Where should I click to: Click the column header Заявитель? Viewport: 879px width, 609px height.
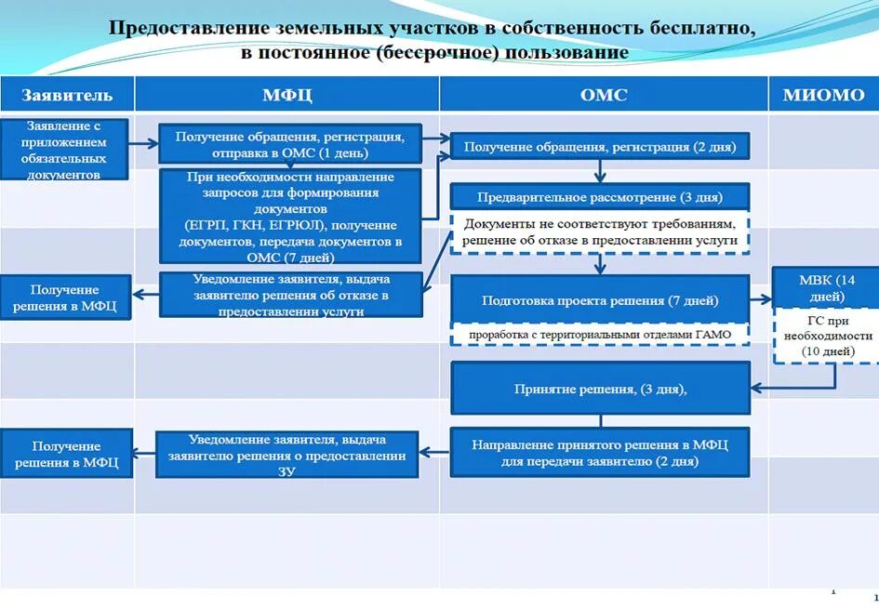click(67, 95)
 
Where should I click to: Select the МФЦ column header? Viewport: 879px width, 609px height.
click(286, 95)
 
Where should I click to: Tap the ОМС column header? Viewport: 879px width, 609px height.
click(604, 95)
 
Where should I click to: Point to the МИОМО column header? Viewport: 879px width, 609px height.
click(823, 95)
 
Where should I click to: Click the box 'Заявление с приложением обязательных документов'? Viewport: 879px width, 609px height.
click(64, 149)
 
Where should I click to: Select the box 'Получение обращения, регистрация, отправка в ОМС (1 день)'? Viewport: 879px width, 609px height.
click(289, 144)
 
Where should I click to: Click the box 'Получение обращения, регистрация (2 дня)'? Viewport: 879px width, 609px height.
click(600, 147)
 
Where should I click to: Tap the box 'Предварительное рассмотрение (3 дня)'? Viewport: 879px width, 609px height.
click(600, 197)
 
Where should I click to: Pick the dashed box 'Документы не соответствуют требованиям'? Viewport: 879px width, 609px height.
click(600, 232)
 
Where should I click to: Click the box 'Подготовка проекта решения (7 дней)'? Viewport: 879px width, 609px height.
click(600, 300)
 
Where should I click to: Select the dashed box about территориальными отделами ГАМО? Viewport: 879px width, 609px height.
click(600, 334)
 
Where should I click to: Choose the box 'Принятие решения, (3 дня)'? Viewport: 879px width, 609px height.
click(600, 389)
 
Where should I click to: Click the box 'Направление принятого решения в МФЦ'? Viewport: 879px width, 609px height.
click(600, 453)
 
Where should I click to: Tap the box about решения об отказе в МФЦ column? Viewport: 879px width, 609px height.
click(290, 295)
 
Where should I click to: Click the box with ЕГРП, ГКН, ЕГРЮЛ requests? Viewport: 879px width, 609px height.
click(290, 217)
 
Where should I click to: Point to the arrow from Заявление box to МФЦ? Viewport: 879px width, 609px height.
click(142, 143)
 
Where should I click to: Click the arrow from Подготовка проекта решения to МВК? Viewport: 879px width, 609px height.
click(761, 299)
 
